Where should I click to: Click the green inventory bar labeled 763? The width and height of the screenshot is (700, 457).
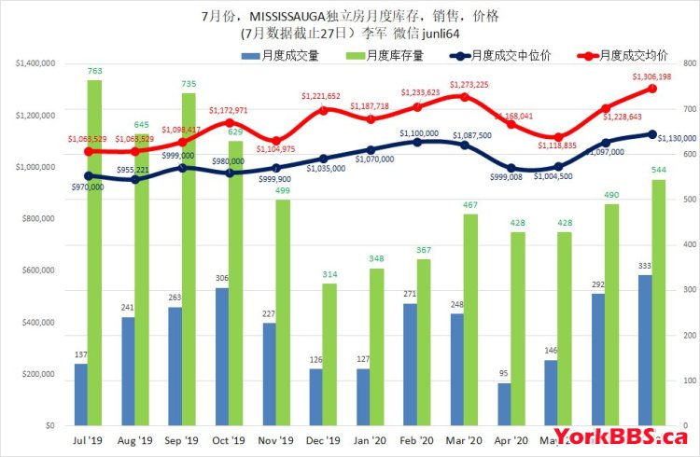coord(94,252)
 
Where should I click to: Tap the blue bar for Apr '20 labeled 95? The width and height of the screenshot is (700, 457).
coord(505,404)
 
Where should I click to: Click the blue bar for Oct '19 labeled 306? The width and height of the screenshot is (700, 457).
coord(222,355)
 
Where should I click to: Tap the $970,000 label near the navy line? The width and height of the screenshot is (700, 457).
coord(87,187)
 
